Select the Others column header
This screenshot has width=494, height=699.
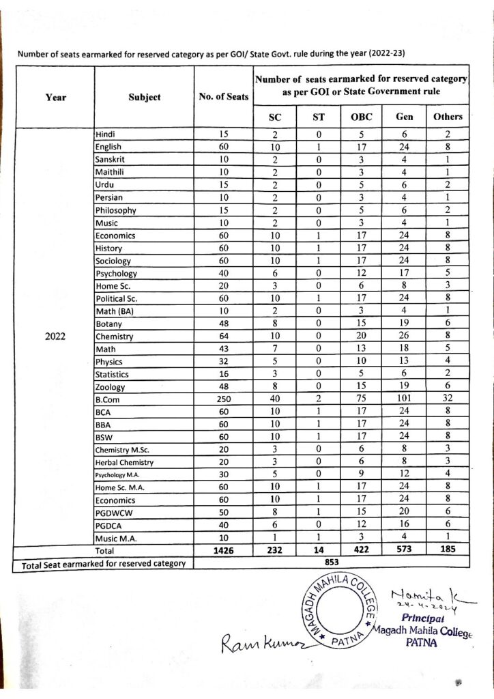tap(448, 117)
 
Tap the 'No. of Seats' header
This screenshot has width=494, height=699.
tap(223, 97)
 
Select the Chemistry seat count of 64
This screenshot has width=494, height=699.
tap(223, 337)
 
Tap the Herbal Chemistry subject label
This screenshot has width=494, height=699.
tap(124, 462)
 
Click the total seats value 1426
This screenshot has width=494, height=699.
tap(223, 550)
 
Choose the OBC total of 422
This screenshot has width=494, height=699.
tap(361, 550)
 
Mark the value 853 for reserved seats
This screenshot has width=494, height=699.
tap(330, 562)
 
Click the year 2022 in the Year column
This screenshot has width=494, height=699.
tap(55, 336)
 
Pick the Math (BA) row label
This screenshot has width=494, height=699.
tap(115, 311)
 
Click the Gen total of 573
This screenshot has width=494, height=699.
tap(404, 550)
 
